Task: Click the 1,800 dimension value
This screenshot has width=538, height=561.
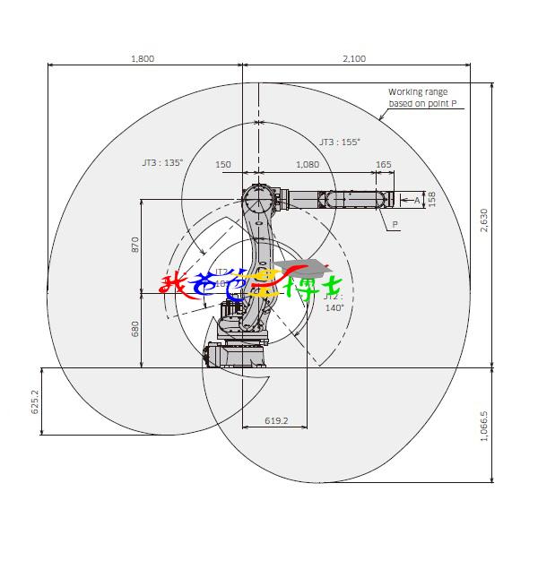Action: coord(143,58)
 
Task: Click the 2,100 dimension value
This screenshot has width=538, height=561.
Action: coord(354,58)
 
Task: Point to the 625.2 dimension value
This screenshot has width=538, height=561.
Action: coord(36,401)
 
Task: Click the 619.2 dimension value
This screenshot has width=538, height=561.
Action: coord(276,420)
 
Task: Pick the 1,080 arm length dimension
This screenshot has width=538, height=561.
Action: coord(307,165)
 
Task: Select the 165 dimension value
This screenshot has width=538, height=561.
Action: coord(383,165)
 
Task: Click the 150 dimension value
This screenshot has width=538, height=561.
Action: coord(223,165)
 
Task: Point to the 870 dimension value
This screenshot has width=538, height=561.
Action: coord(135,245)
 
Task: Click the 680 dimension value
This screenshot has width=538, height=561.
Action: coord(135,329)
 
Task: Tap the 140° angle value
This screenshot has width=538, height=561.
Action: coord(334,307)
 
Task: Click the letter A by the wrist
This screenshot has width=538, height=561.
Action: coord(416,200)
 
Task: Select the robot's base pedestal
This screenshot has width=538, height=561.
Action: coord(237,355)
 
